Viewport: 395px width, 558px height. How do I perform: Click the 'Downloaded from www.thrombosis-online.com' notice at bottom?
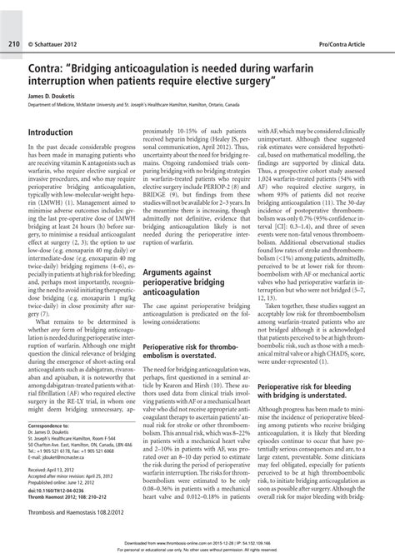(x=197, y=546)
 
